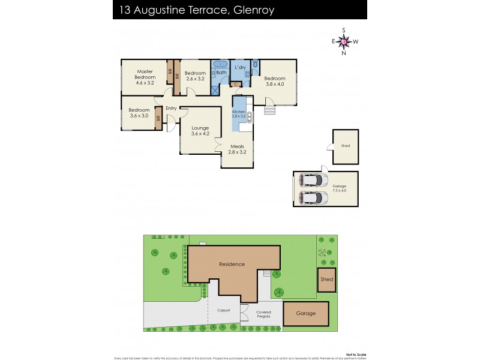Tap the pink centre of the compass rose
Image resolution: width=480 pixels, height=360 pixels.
pos(344,41)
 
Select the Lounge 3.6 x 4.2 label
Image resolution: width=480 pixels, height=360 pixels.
pos(200,130)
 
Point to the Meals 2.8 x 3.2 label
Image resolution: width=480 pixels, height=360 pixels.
pos(237,149)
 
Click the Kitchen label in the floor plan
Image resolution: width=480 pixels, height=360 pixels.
pos(239,115)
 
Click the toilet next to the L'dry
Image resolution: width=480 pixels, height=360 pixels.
pos(256,64)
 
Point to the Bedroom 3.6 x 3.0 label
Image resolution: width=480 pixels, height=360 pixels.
pos(139,113)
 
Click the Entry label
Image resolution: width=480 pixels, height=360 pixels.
pos(171,109)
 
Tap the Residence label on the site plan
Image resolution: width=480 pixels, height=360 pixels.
pos(232,264)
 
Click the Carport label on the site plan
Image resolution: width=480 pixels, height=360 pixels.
pos(223,311)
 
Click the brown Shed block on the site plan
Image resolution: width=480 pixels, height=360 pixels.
pos(326,280)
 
